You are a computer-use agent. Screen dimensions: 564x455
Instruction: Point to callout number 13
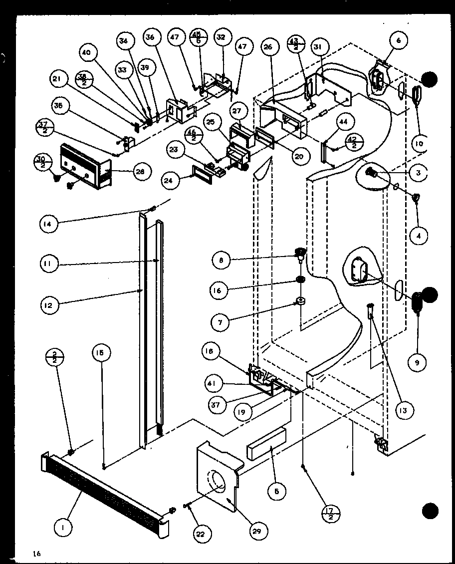point(403,410)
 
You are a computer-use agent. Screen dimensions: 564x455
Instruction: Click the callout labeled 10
point(418,144)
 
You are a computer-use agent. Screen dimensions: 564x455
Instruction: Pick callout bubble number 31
point(318,47)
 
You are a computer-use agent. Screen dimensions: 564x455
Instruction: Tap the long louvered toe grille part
point(105,494)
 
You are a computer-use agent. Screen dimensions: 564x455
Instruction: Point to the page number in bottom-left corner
point(36,553)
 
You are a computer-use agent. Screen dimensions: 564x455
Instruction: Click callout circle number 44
point(345,121)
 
